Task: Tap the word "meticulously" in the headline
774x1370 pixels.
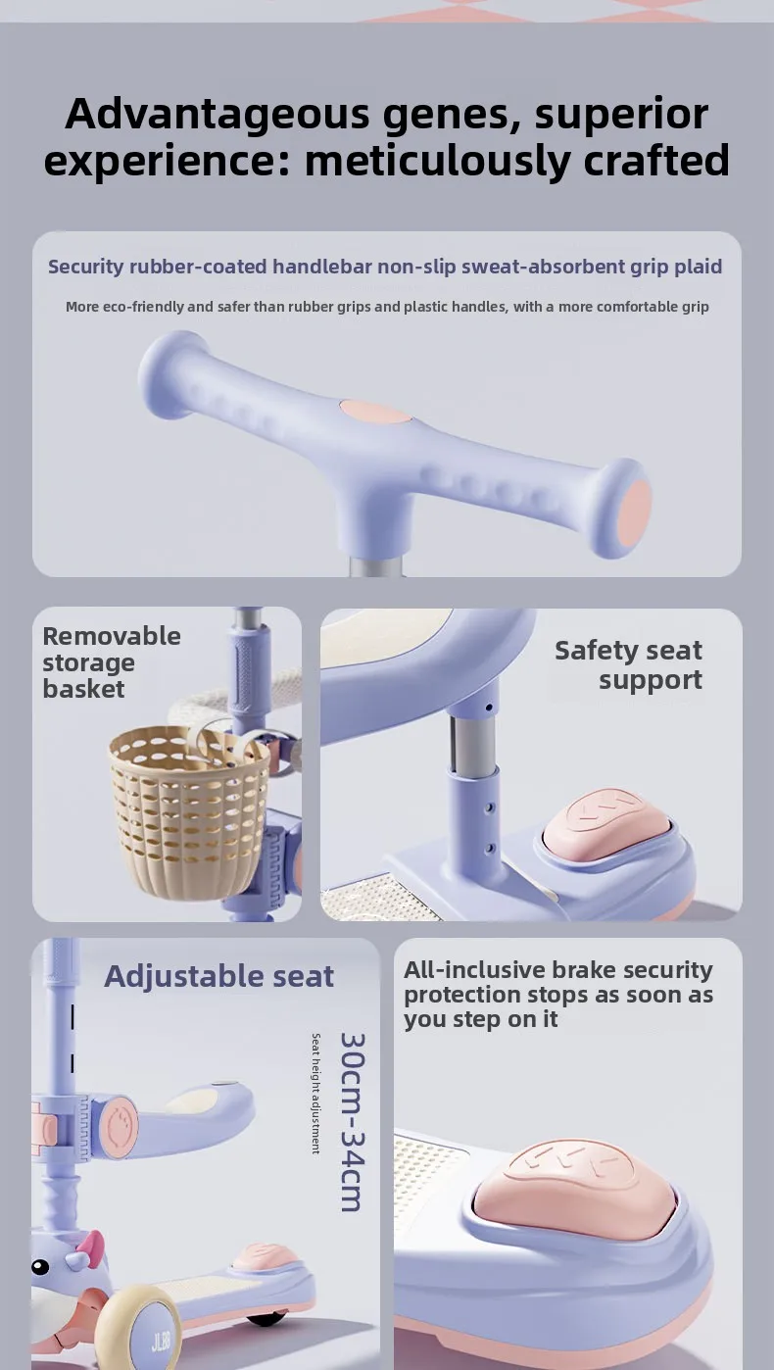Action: [x=440, y=161]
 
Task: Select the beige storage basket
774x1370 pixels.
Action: [x=189, y=811]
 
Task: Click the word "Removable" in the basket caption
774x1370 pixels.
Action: [x=112, y=636]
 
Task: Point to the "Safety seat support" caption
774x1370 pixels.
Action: [x=628, y=664]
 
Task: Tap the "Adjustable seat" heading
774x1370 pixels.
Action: [x=218, y=976]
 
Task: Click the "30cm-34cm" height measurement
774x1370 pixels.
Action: [x=354, y=1122]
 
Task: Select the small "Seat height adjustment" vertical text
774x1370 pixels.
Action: [x=315, y=1094]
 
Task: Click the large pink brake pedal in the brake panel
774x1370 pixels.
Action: [x=575, y=1186]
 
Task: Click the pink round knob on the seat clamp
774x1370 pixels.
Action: [x=120, y=1127]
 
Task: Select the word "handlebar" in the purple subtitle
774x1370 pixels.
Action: [x=322, y=267]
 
